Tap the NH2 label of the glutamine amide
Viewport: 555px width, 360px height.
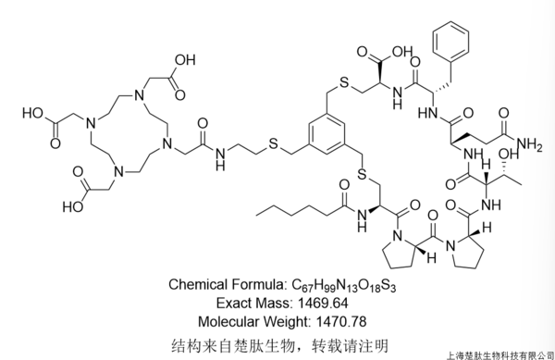529,145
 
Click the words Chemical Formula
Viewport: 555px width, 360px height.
226,285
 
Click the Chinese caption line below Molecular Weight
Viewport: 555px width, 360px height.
280,345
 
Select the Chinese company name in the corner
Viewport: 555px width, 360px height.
499,355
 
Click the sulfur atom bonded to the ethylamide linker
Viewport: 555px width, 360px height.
273,143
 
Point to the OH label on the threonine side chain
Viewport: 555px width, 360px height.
508,154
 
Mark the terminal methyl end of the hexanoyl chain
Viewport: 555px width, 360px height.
256,214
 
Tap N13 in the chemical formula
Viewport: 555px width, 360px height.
346,286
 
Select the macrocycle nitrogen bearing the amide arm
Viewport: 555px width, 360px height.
166,143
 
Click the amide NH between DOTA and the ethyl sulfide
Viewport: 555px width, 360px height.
220,158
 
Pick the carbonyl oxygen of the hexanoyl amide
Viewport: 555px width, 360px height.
344,184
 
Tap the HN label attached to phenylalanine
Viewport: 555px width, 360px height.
427,113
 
